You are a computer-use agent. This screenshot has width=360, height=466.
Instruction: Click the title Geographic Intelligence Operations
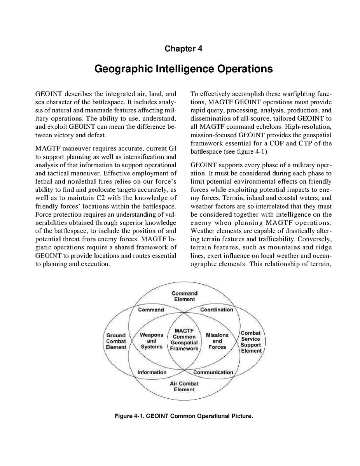pyautogui.click(x=183, y=69)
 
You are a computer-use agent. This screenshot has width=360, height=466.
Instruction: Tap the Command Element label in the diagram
pyautogui.click(x=184, y=296)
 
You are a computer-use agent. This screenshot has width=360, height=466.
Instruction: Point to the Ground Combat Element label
pyautogui.click(x=116, y=341)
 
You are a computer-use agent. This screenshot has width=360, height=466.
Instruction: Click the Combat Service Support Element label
pyautogui.click(x=251, y=342)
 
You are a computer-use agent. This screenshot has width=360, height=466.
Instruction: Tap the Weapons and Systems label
pyautogui.click(x=151, y=341)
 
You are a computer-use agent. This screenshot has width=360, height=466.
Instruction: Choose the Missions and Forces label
pyautogui.click(x=217, y=341)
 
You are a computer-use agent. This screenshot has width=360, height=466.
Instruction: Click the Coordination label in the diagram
pyautogui.click(x=216, y=310)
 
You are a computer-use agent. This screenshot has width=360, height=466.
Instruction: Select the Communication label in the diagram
pyautogui.click(x=213, y=372)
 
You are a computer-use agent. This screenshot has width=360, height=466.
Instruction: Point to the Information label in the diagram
pyautogui.click(x=152, y=372)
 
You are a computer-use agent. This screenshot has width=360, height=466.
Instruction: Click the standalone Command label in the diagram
pyautogui.click(x=151, y=310)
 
